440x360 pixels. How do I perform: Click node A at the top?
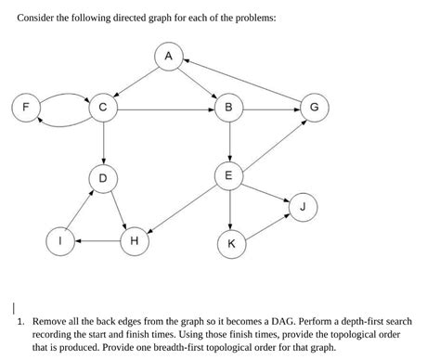click(x=168, y=58)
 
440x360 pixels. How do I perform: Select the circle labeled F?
click(x=27, y=108)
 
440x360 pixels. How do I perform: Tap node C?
click(x=103, y=109)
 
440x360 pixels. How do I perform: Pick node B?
click(x=229, y=109)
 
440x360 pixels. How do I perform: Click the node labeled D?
click(x=103, y=176)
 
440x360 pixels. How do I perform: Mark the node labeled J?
click(x=302, y=206)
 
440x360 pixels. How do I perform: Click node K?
click(x=230, y=244)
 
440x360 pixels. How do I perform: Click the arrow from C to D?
click(x=103, y=142)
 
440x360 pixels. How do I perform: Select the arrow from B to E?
click(x=229, y=142)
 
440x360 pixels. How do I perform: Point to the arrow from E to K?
click(x=229, y=210)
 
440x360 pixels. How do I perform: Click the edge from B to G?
click(x=272, y=109)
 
